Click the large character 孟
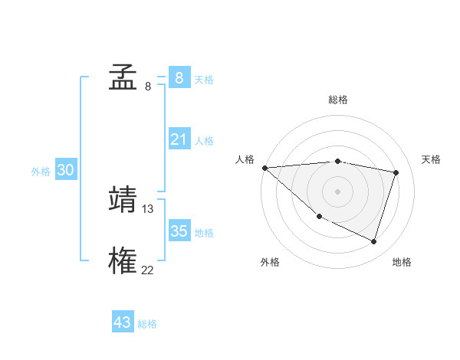pos(123,77)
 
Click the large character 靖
pos(123,199)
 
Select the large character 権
pos(123,260)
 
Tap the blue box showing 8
pos(179,77)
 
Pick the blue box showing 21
pos(179,139)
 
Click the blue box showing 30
pos(65,170)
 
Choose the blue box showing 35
pos(179,231)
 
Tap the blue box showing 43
pos(123,322)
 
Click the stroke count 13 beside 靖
pos(148,208)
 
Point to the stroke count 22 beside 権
pos(147,270)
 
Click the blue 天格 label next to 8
pos(204,79)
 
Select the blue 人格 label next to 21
pos(204,141)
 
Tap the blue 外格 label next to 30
pos(41,172)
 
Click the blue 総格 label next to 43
pos(147,324)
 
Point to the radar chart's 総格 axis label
pos(337,100)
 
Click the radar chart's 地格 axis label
pos(402,262)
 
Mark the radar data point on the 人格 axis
pos(264,168)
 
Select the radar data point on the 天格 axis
pos(396,172)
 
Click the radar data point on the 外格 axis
pos(319,217)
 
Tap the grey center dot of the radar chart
pos(337,191)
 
